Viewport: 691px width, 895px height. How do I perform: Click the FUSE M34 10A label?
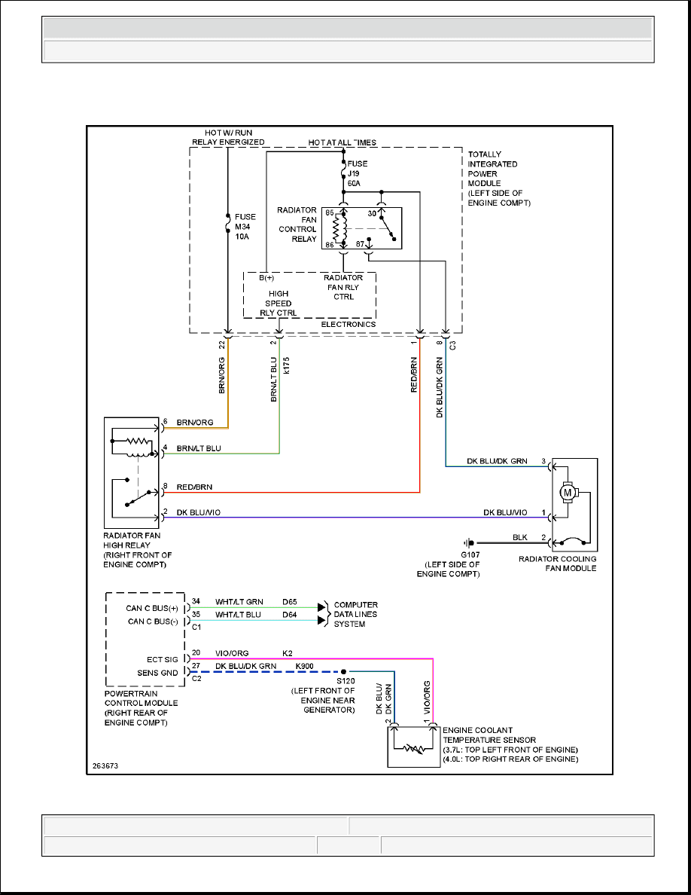coord(245,225)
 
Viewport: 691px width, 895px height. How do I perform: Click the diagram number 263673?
coord(105,765)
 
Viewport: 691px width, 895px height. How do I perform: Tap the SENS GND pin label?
coord(158,672)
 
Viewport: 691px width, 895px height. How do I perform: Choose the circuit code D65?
coord(291,601)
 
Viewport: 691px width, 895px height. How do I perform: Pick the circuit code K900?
coord(305,666)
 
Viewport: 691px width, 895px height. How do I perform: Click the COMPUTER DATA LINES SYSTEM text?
coord(355,614)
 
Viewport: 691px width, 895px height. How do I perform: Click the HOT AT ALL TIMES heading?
coord(342,142)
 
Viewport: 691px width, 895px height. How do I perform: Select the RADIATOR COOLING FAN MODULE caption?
coord(558,564)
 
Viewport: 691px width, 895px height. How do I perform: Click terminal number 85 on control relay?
coord(329,213)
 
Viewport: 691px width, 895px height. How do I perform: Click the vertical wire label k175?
coord(287,366)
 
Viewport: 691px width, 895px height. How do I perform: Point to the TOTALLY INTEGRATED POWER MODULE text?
coord(499,179)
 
